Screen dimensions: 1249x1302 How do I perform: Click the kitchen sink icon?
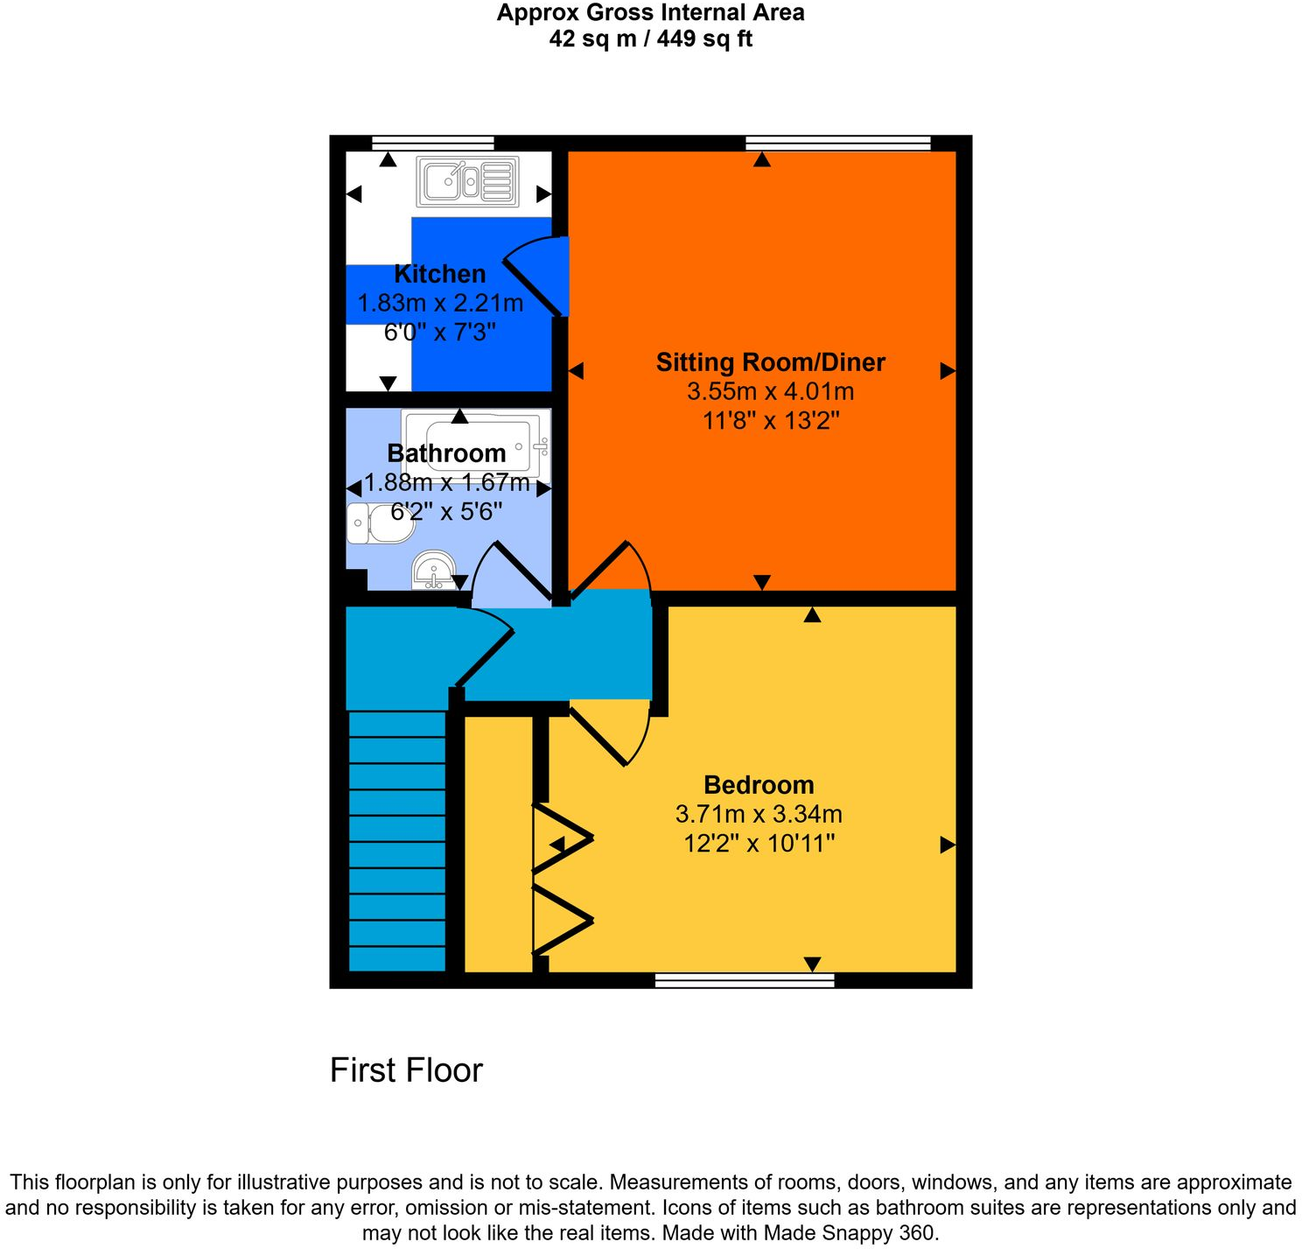468,181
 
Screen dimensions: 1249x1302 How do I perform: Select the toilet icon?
378,523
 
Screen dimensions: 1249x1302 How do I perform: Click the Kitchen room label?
439,274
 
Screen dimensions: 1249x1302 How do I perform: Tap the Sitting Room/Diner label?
770,362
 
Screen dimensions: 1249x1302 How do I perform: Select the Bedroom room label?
758,785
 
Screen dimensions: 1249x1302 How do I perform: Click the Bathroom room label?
446,453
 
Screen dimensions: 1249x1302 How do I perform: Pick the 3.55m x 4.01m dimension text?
770,391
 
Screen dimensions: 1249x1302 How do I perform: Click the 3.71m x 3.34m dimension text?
758,815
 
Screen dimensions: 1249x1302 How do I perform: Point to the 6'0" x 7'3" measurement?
439,333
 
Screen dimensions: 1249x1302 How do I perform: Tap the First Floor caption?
406,1070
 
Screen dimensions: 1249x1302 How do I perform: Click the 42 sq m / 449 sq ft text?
650,39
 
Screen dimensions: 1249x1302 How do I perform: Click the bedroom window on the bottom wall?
745,980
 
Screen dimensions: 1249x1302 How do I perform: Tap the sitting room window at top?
837,144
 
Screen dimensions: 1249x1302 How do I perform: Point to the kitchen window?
433,144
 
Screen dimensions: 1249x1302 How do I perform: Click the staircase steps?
397,840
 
